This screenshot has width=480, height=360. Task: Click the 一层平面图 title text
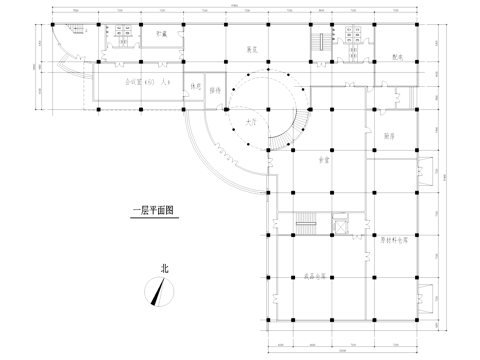pyautogui.click(x=153, y=211)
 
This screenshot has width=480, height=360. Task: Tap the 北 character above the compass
pyautogui.click(x=164, y=268)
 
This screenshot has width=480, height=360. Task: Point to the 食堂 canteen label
pyautogui.click(x=323, y=159)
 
